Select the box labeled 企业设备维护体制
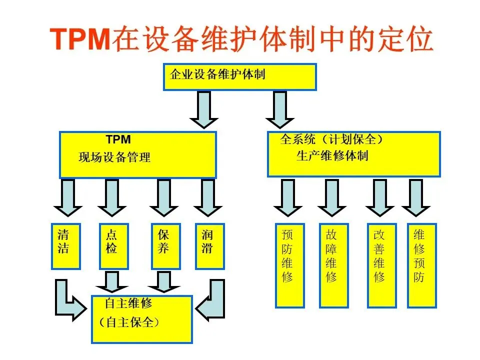coord(240,76)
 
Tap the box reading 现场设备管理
coord(138,155)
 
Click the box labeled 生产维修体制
coord(353,154)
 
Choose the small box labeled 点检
coord(113,246)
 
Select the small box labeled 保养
coord(165,246)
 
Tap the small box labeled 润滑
coord(208,246)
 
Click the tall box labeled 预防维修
coord(289,265)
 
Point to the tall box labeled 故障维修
coord(333,265)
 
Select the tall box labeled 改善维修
coord(381,265)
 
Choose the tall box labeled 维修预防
coord(421,265)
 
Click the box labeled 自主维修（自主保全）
coord(141,319)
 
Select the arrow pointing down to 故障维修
coord(332,197)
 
